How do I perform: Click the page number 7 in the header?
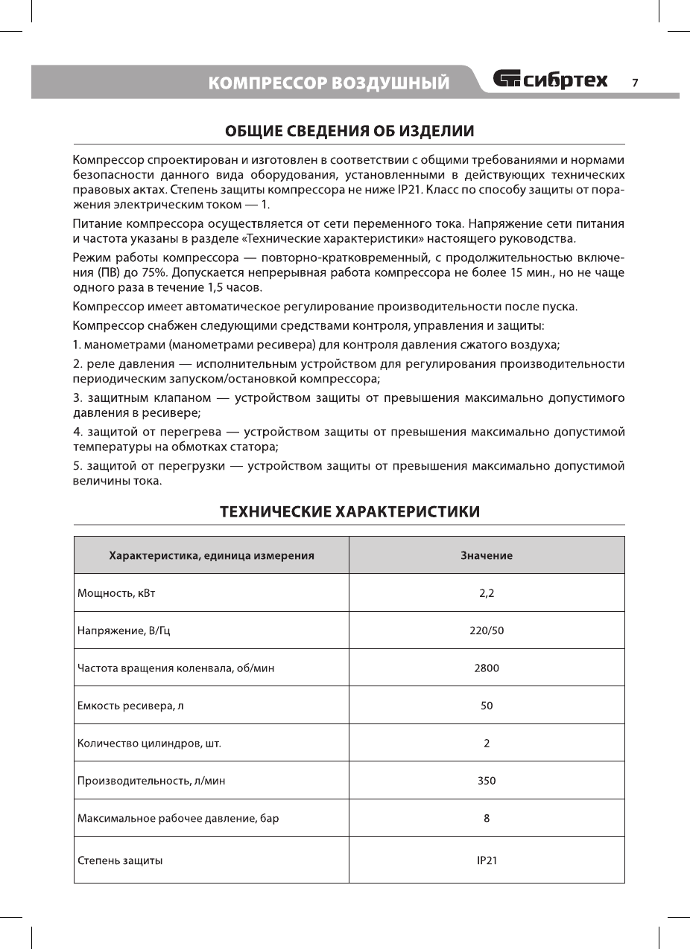click(x=635, y=83)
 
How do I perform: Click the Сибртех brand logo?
click(x=550, y=80)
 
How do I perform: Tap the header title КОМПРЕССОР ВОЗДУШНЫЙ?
click(x=329, y=83)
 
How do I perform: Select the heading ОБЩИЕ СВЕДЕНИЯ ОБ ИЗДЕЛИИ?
click(x=349, y=132)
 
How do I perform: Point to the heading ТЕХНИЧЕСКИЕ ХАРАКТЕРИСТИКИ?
click(x=349, y=511)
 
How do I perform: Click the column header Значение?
click(x=487, y=555)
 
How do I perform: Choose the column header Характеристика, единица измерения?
click(x=212, y=555)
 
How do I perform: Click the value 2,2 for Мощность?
click(x=487, y=593)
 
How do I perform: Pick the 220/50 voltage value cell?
click(x=487, y=630)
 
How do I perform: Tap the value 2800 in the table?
click(x=487, y=668)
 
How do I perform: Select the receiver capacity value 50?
click(x=487, y=706)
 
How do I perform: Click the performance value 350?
click(x=487, y=781)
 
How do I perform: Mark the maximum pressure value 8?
click(x=487, y=818)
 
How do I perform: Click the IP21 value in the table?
click(x=487, y=860)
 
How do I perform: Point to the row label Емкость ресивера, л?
click(x=131, y=706)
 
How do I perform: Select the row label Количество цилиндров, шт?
click(x=150, y=744)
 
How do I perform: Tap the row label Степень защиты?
click(x=121, y=860)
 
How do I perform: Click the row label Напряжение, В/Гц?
click(x=127, y=630)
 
